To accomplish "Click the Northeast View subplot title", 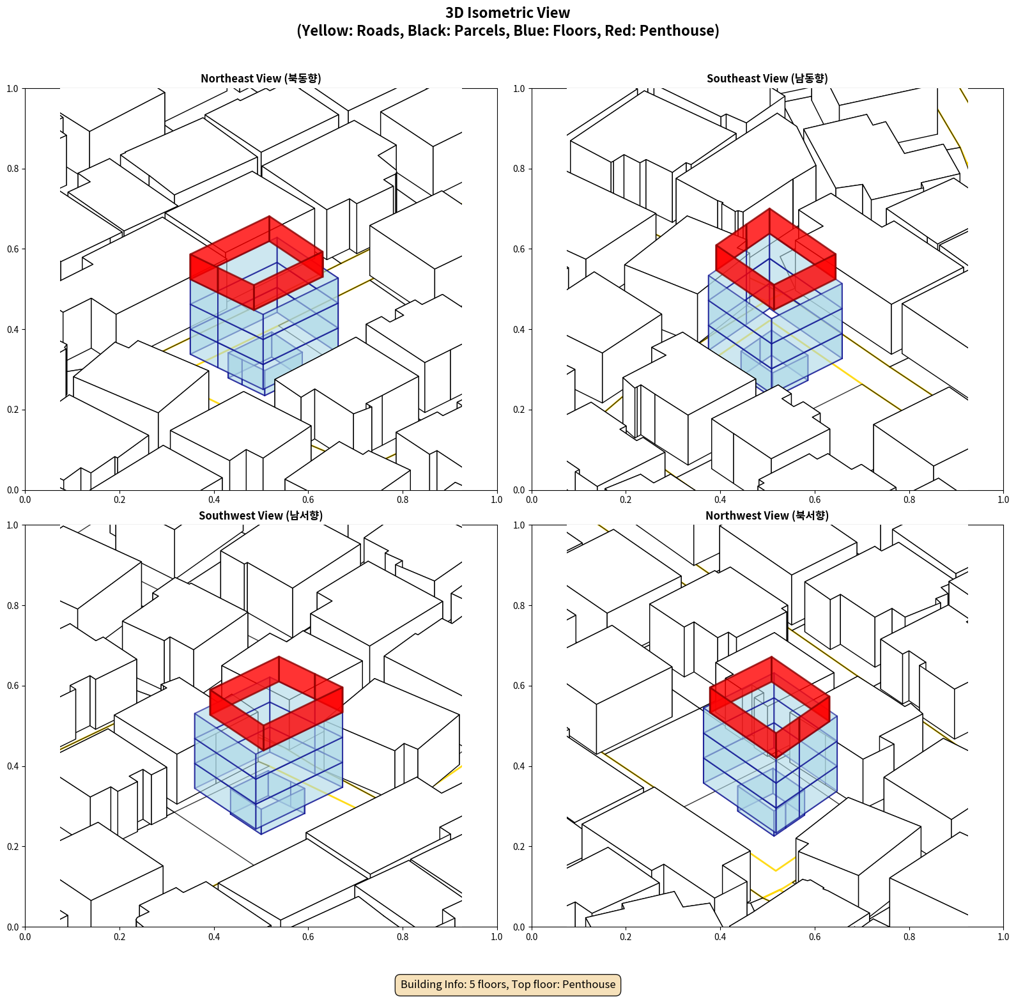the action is click(x=261, y=78).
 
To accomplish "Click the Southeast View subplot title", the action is click(x=767, y=78).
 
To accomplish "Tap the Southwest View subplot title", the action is click(x=261, y=515).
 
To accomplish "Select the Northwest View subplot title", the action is click(x=767, y=515).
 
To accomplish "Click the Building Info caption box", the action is click(x=508, y=984).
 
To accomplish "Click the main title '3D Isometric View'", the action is click(x=508, y=13).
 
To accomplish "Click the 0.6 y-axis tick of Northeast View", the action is click(x=13, y=249).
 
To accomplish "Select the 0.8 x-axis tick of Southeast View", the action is click(x=909, y=500).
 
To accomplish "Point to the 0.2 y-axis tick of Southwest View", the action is click(x=13, y=847).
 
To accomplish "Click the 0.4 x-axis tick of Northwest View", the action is click(x=720, y=937).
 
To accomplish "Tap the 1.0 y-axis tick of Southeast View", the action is click(x=519, y=89).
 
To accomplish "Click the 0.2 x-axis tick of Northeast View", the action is click(x=119, y=500).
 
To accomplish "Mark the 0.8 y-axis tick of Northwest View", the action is click(x=519, y=606).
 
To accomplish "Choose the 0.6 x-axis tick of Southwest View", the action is click(x=308, y=937).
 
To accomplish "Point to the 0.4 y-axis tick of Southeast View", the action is click(x=519, y=330).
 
